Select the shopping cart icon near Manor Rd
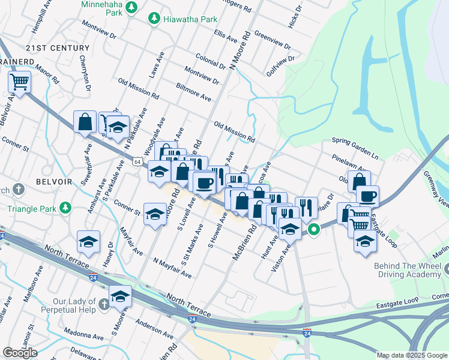point(19,80)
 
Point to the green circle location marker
point(313,229)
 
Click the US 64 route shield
point(138,162)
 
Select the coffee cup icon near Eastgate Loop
point(367,196)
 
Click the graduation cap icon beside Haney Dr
point(88,241)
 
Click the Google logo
point(20,353)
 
